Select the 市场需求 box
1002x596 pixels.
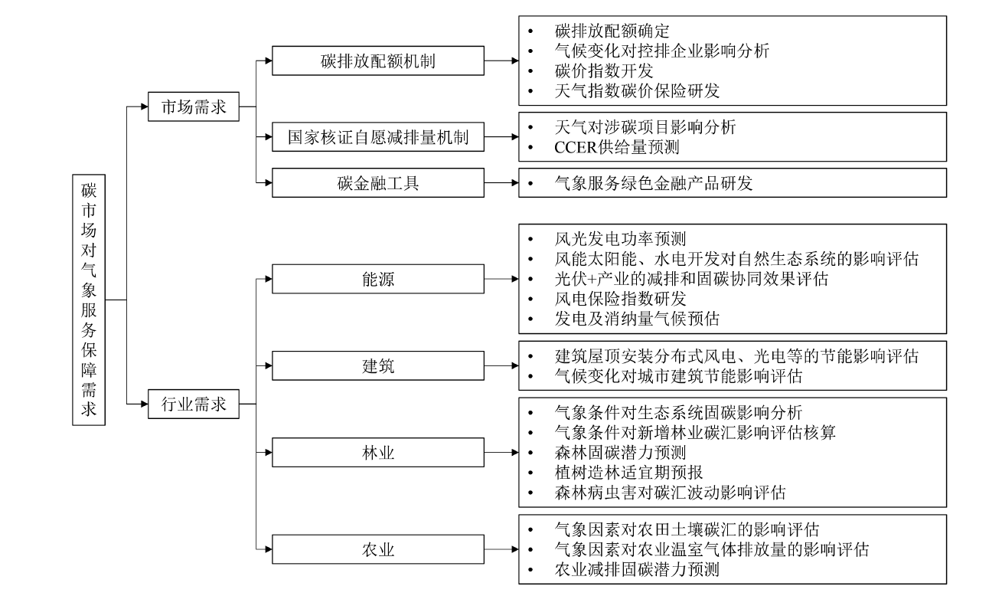[194, 107]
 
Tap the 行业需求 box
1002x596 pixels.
[194, 404]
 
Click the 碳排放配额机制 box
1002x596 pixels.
[378, 61]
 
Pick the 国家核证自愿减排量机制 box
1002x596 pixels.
[378, 138]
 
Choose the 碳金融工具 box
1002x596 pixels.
[378, 183]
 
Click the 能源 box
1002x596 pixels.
[378, 280]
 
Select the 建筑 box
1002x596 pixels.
[378, 366]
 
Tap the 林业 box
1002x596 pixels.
[378, 452]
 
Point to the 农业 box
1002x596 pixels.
[378, 549]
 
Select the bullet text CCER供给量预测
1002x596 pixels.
[616, 147]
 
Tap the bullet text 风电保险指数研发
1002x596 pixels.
[620, 298]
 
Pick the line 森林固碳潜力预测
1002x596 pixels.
[620, 452]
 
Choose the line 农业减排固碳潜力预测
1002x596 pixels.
[637, 570]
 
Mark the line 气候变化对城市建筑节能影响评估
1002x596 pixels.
[677, 377]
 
